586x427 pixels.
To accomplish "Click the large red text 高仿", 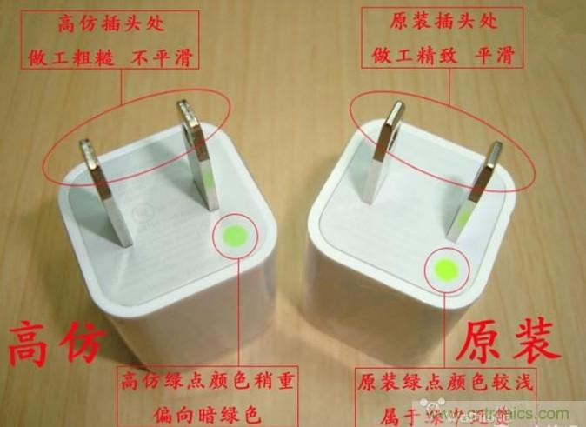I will coord(57,344).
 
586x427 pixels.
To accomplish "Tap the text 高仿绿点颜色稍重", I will coord(180,379).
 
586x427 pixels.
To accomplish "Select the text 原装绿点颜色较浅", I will coord(445,381).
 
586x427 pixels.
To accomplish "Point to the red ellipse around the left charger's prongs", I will coord(230,123).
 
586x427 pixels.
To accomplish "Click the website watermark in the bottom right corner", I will coord(522,415).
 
